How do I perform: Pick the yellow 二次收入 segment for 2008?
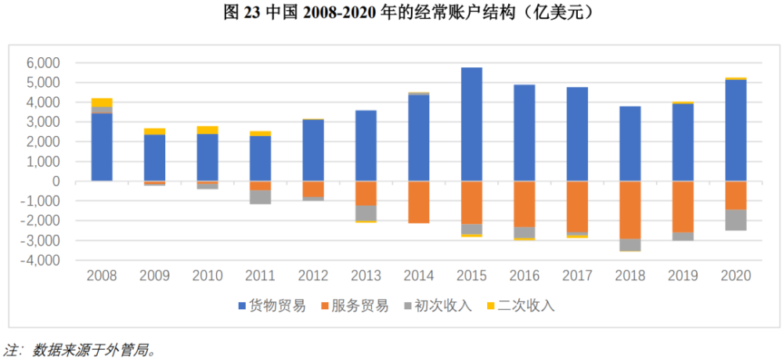pyautogui.click(x=102, y=103)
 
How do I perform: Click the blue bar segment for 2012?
pyautogui.click(x=313, y=150)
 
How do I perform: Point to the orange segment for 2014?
pyautogui.click(x=418, y=202)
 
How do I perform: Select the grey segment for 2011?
pyautogui.click(x=261, y=197)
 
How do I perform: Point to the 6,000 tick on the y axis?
pyautogui.click(x=44, y=63)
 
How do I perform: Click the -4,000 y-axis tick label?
pyautogui.click(x=42, y=260)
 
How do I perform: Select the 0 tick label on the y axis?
pyautogui.click(x=56, y=181)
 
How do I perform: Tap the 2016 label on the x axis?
pyautogui.click(x=524, y=275)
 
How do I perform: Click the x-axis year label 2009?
pyautogui.click(x=155, y=275)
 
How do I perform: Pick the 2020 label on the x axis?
pyautogui.click(x=734, y=275)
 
